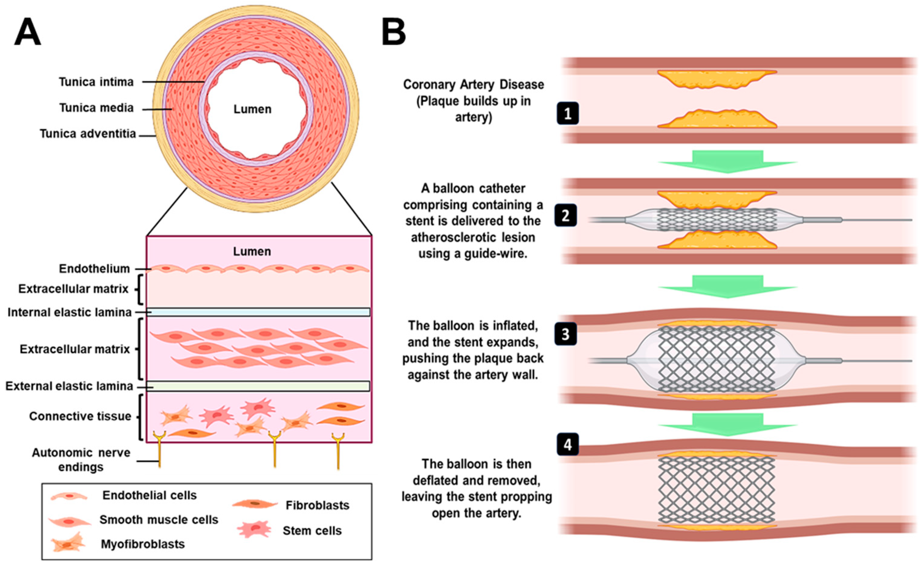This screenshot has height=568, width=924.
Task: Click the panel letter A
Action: click(28, 33)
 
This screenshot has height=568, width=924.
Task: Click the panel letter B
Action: click(394, 33)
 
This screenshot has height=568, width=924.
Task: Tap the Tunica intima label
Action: click(96, 82)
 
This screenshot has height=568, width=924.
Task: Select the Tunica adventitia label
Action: click(88, 134)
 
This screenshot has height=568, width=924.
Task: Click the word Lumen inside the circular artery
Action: click(252, 109)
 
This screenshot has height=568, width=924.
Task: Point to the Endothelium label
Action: click(94, 269)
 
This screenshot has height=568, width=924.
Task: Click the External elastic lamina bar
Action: click(258, 386)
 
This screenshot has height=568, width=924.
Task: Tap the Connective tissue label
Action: click(80, 416)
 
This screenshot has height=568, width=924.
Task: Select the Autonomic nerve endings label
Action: click(81, 460)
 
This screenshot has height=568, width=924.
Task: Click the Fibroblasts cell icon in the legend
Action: click(255, 504)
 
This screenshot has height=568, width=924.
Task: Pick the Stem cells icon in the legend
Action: click(254, 529)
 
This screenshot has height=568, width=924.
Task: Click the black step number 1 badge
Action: click(568, 113)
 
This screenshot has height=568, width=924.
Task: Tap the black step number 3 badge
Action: click(566, 334)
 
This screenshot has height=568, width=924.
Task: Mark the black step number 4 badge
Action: click(568, 444)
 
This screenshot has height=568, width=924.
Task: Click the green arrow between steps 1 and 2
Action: click(728, 161)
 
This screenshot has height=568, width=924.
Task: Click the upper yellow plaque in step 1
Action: click(717, 79)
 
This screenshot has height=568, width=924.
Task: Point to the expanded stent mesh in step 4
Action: click(717, 491)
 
